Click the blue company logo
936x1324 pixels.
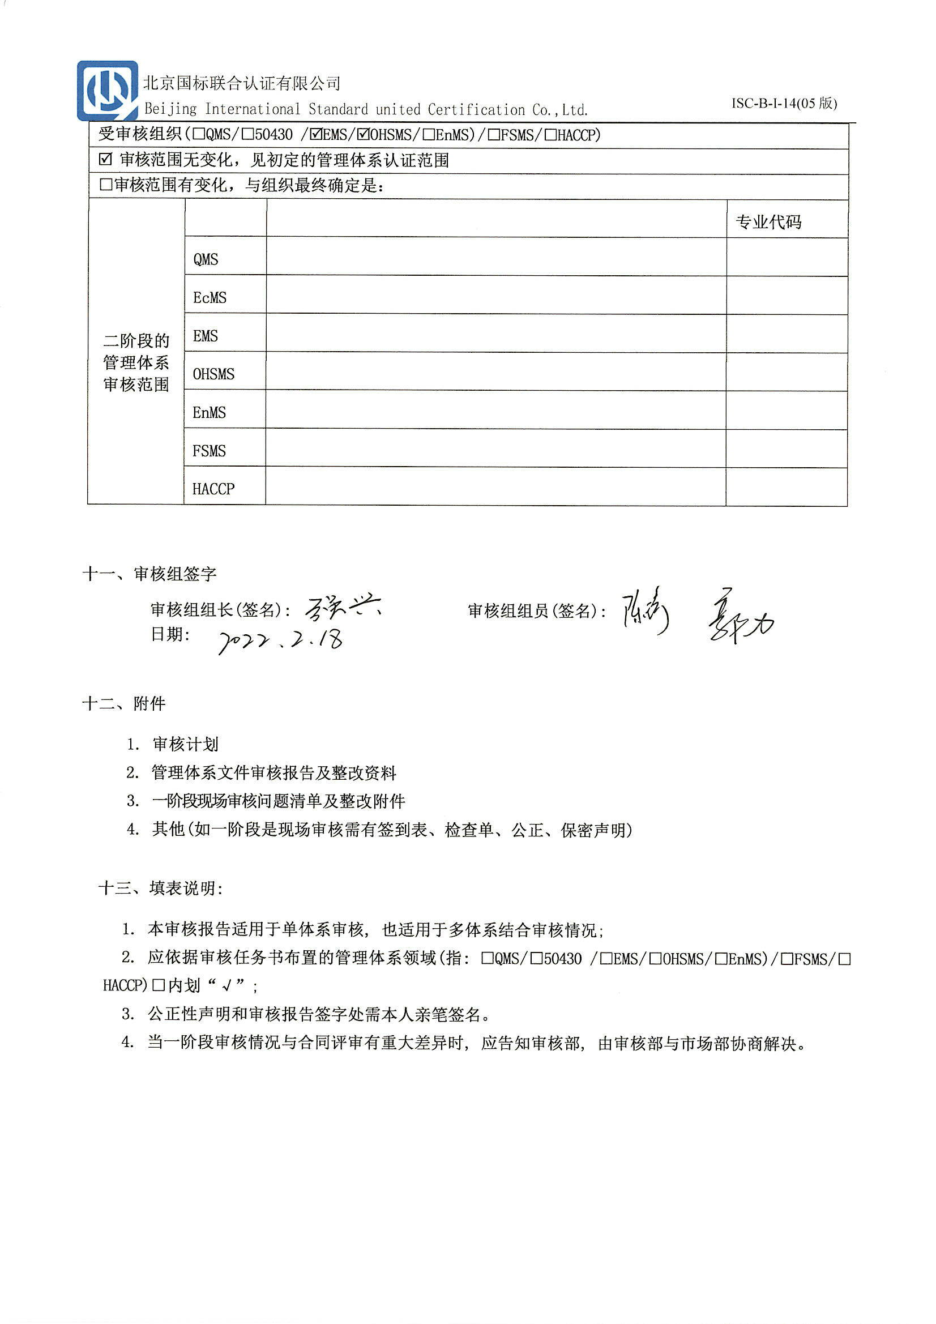(107, 91)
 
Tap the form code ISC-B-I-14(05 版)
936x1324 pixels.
(784, 103)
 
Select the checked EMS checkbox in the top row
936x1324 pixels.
(316, 135)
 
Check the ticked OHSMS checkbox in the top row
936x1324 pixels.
(363, 135)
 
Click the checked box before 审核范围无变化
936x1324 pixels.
(105, 160)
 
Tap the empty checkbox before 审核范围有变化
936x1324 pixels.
(105, 185)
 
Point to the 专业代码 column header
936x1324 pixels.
(768, 222)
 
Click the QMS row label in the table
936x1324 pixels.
(206, 259)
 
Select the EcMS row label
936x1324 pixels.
(210, 297)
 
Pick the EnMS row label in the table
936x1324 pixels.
(209, 412)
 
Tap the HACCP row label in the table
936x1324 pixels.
(213, 489)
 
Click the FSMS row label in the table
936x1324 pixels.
(209, 450)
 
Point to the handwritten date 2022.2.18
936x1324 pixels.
(281, 640)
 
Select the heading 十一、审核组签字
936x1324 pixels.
(149, 574)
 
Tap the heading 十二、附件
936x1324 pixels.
(124, 703)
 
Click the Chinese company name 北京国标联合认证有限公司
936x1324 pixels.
(242, 84)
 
